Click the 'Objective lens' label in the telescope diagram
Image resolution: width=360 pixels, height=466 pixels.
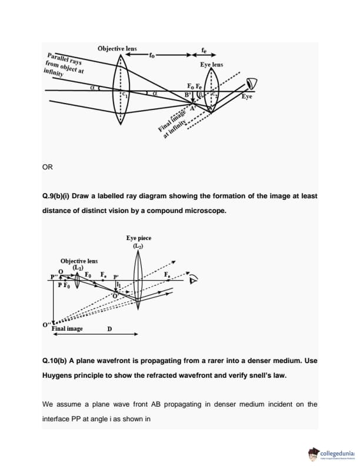click(117, 48)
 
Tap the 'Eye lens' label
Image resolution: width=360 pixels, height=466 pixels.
click(211, 64)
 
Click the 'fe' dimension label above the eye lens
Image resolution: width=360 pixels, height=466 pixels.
click(204, 50)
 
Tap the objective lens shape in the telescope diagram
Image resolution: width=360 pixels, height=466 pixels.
click(121, 90)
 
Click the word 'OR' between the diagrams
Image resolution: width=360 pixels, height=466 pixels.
click(48, 167)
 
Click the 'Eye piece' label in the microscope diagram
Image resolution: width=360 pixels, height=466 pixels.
click(139, 238)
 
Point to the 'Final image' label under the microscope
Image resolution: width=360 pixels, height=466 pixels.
click(67, 328)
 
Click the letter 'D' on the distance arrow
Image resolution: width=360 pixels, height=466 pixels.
click(109, 328)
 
